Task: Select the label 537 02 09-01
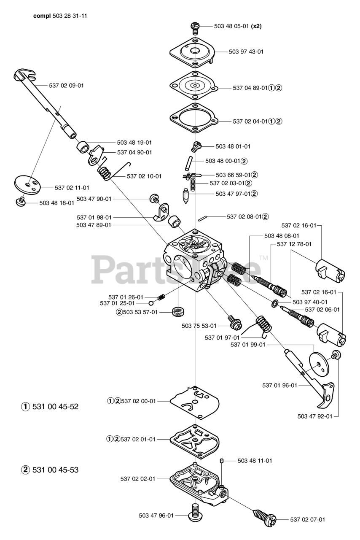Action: (x=66, y=85)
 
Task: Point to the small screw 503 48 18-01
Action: (x=20, y=201)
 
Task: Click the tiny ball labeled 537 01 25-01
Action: (x=150, y=303)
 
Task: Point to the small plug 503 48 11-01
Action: (x=222, y=461)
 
